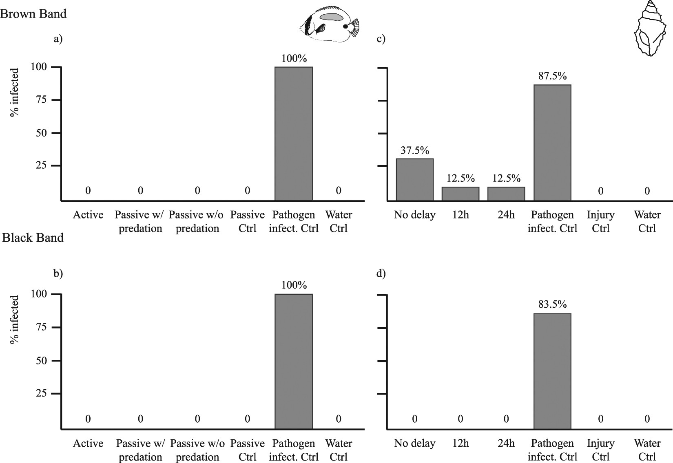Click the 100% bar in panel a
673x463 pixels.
point(294,134)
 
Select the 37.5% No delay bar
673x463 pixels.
point(415,180)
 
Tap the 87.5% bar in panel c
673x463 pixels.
point(552,143)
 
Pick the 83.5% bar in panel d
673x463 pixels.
point(552,371)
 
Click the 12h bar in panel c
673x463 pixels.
point(460,194)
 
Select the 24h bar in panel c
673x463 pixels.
point(506,194)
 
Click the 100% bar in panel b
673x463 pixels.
point(294,361)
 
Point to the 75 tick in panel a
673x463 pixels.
point(40,100)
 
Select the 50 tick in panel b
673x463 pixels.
point(40,361)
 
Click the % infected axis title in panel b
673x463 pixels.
point(15,320)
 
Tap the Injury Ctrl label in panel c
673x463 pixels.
point(600,221)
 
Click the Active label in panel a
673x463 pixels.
point(88,215)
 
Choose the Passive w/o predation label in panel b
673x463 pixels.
point(197,450)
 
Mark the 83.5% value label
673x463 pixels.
point(552,304)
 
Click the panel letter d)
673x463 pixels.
point(381,273)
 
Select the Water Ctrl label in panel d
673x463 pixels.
point(647,450)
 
